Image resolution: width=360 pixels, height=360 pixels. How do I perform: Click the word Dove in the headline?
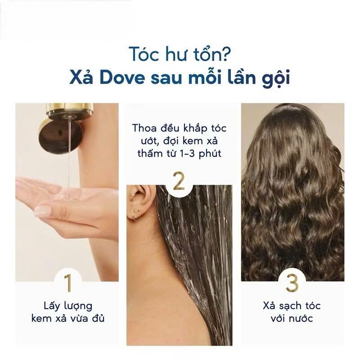click(122, 78)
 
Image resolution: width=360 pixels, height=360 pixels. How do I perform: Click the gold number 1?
click(68, 283)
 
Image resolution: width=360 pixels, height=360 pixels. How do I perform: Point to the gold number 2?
click(179, 181)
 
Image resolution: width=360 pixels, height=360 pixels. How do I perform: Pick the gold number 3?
click(292, 283)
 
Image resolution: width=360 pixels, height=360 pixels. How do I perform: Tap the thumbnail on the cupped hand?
click(42, 211)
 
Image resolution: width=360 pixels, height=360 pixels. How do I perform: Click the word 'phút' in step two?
click(210, 154)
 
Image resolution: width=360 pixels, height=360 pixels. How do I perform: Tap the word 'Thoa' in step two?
click(144, 128)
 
